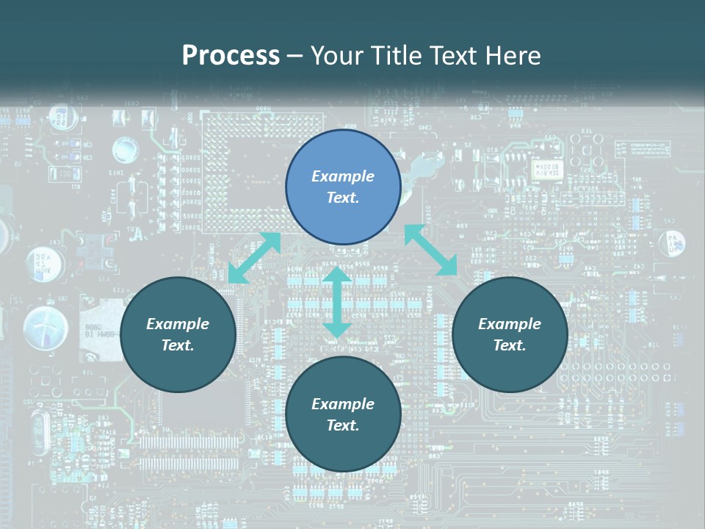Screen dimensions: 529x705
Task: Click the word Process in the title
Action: tap(231, 55)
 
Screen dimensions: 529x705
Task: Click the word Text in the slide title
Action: tap(456, 55)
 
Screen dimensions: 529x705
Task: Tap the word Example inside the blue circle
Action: tap(343, 176)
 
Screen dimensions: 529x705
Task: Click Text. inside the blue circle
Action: tap(343, 198)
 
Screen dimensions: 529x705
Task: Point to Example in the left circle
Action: tap(178, 324)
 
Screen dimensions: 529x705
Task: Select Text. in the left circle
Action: tap(178, 345)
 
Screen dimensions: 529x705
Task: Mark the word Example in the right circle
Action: tap(510, 324)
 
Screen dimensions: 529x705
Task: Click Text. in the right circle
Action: tap(510, 345)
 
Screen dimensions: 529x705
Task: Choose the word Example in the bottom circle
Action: tap(343, 404)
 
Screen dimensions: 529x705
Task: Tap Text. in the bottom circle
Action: tap(343, 425)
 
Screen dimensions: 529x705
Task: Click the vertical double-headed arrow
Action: tap(337, 302)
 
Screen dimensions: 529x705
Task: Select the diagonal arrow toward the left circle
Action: tap(255, 257)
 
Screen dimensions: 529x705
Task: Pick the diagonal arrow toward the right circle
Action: tap(431, 250)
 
